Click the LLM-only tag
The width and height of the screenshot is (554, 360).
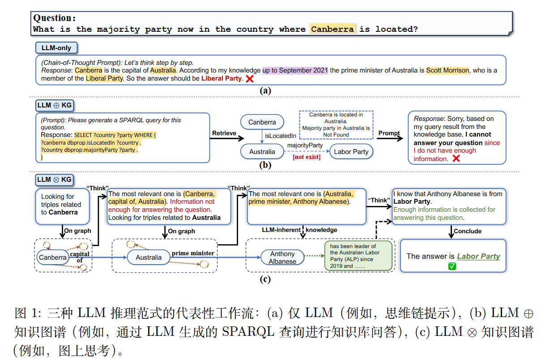[56, 47]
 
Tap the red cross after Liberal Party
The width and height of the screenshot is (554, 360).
[250, 79]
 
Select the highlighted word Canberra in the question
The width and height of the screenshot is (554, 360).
[332, 29]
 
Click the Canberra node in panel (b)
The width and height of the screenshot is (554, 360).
[262, 122]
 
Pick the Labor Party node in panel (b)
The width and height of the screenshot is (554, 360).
[351, 151]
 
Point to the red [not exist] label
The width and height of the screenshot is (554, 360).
[307, 157]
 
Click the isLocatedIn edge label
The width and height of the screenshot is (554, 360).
[281, 136]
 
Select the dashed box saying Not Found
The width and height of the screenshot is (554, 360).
[337, 124]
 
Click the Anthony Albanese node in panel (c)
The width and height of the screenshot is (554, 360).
[282, 257]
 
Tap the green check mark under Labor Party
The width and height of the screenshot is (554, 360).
[452, 266]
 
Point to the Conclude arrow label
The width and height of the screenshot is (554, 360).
[468, 231]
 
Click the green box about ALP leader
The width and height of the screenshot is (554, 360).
[358, 256]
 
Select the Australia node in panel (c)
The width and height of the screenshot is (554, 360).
[149, 257]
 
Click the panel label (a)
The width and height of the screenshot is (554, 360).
[265, 90]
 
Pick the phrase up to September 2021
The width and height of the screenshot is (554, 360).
[295, 70]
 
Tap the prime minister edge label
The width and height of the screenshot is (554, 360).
[193, 253]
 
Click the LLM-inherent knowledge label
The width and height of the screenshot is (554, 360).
[299, 230]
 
